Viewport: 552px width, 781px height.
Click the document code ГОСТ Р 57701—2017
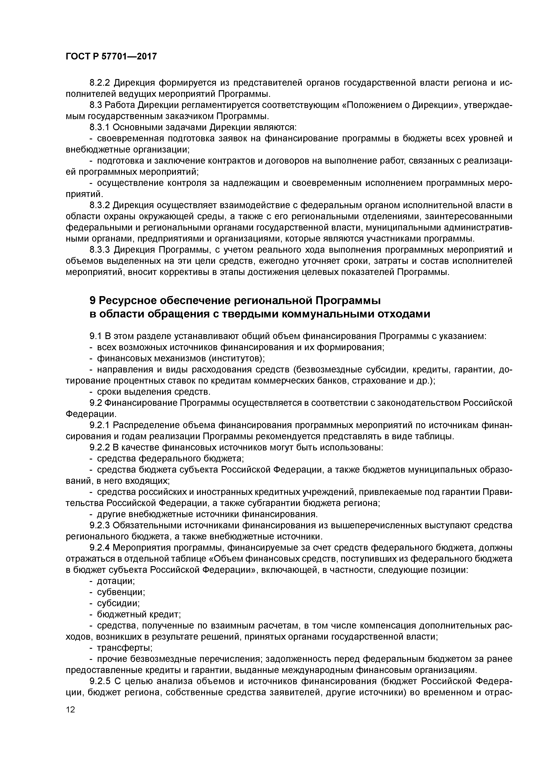(x=111, y=56)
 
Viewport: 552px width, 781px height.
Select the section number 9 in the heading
(x=93, y=301)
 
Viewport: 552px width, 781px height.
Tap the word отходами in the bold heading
(x=404, y=314)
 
